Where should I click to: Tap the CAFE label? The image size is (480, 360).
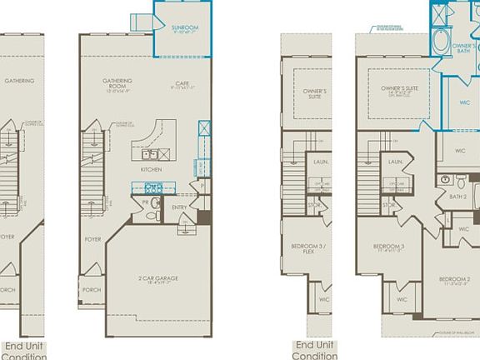coord(178,84)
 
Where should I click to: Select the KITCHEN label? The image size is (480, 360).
coord(151,169)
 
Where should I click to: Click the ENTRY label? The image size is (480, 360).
coord(180,208)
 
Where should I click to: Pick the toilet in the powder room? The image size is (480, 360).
coord(152,214)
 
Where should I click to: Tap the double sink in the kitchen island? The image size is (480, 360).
coord(151,154)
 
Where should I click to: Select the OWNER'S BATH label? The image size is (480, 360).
coord(464,48)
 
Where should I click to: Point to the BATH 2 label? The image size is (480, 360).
coord(457,197)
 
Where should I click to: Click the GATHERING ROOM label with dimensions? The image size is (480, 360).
coord(118,83)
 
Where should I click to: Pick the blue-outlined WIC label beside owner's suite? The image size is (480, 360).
coord(464,103)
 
